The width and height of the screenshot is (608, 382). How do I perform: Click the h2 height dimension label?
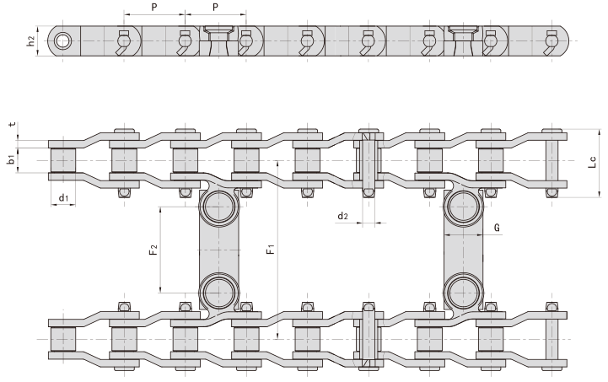[31, 40]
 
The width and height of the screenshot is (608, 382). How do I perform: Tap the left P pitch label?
[153, 6]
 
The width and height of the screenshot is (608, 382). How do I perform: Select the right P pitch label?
[216, 6]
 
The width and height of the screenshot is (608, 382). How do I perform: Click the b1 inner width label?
[12, 159]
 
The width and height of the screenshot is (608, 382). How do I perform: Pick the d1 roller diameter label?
[63, 199]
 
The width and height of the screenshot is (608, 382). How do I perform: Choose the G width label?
[498, 228]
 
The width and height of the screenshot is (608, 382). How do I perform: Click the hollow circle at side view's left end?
[61, 40]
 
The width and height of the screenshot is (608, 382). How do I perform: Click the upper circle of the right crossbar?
[464, 207]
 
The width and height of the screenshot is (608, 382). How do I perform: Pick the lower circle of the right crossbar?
[464, 292]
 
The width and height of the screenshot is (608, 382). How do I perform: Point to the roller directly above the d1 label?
[64, 159]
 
